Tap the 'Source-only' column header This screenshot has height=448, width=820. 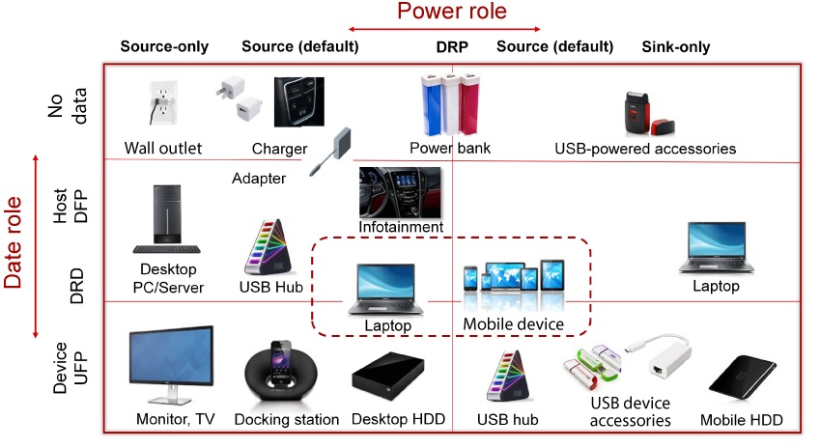click(x=164, y=46)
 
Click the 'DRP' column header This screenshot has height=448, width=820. click(x=454, y=46)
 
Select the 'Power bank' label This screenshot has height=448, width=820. click(x=450, y=149)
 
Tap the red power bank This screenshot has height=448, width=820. click(x=470, y=105)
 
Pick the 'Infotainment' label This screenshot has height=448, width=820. click(x=401, y=227)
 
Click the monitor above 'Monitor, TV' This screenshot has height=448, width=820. click(x=172, y=364)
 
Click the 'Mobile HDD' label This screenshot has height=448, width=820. click(x=742, y=420)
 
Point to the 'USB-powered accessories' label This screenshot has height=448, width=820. click(x=645, y=149)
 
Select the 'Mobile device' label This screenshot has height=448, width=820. click(x=513, y=324)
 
